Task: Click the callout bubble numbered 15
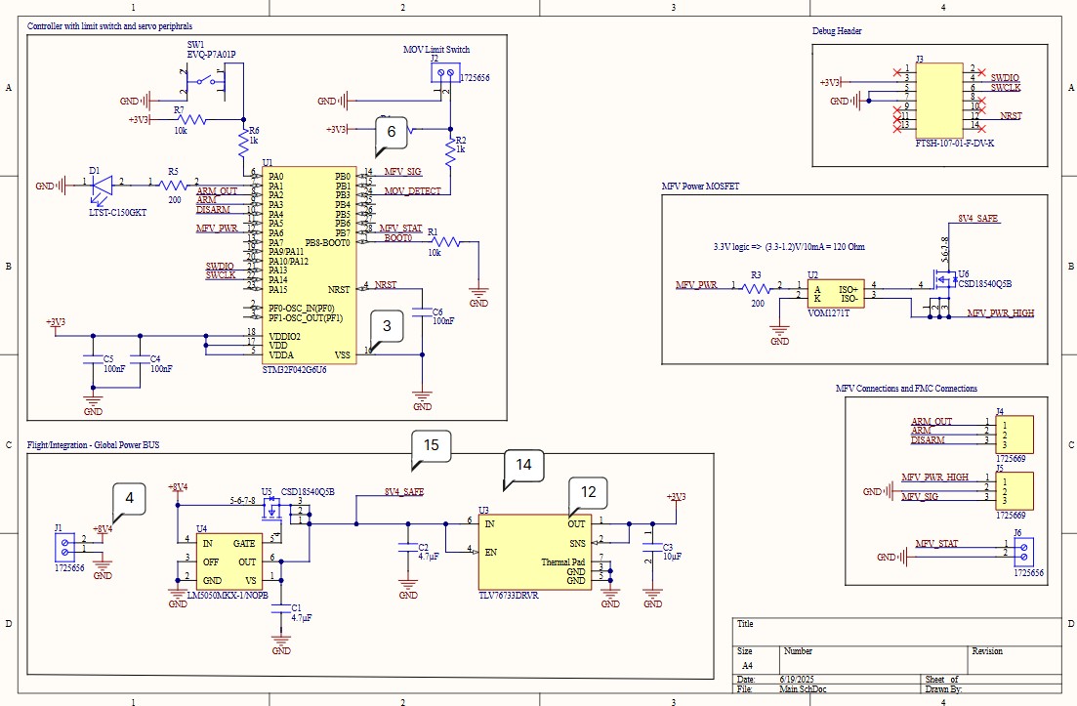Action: (x=432, y=445)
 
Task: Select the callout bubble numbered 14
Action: (x=523, y=465)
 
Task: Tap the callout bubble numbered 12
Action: (x=587, y=492)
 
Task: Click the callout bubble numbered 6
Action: (x=391, y=131)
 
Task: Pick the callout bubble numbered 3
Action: (x=388, y=325)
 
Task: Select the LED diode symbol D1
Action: (x=103, y=184)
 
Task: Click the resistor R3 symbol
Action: (x=755, y=287)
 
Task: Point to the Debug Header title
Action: (x=837, y=31)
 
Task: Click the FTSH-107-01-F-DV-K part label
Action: (x=954, y=143)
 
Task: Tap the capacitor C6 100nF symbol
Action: (x=422, y=312)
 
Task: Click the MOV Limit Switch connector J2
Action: (x=449, y=74)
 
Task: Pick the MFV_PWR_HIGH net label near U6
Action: (x=1000, y=313)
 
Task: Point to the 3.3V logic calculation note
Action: (x=788, y=247)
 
